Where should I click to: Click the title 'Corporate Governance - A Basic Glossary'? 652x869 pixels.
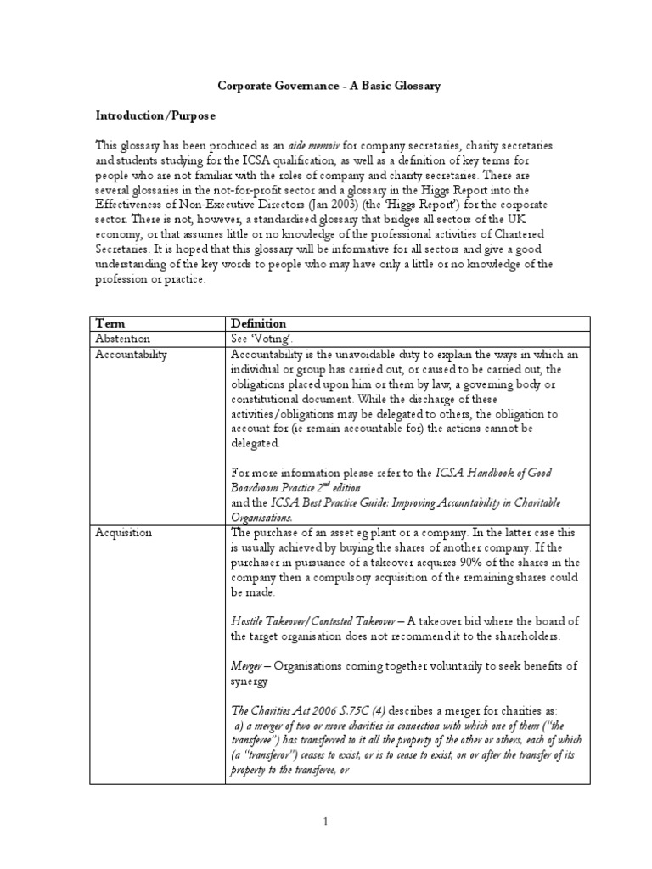click(329, 87)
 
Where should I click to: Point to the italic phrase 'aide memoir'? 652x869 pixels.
click(294, 146)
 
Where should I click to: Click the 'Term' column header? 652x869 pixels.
click(110, 323)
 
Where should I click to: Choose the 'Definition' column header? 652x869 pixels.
click(259, 323)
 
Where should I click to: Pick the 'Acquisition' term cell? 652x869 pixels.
click(124, 532)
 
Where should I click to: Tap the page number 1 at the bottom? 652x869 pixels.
click(326, 820)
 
